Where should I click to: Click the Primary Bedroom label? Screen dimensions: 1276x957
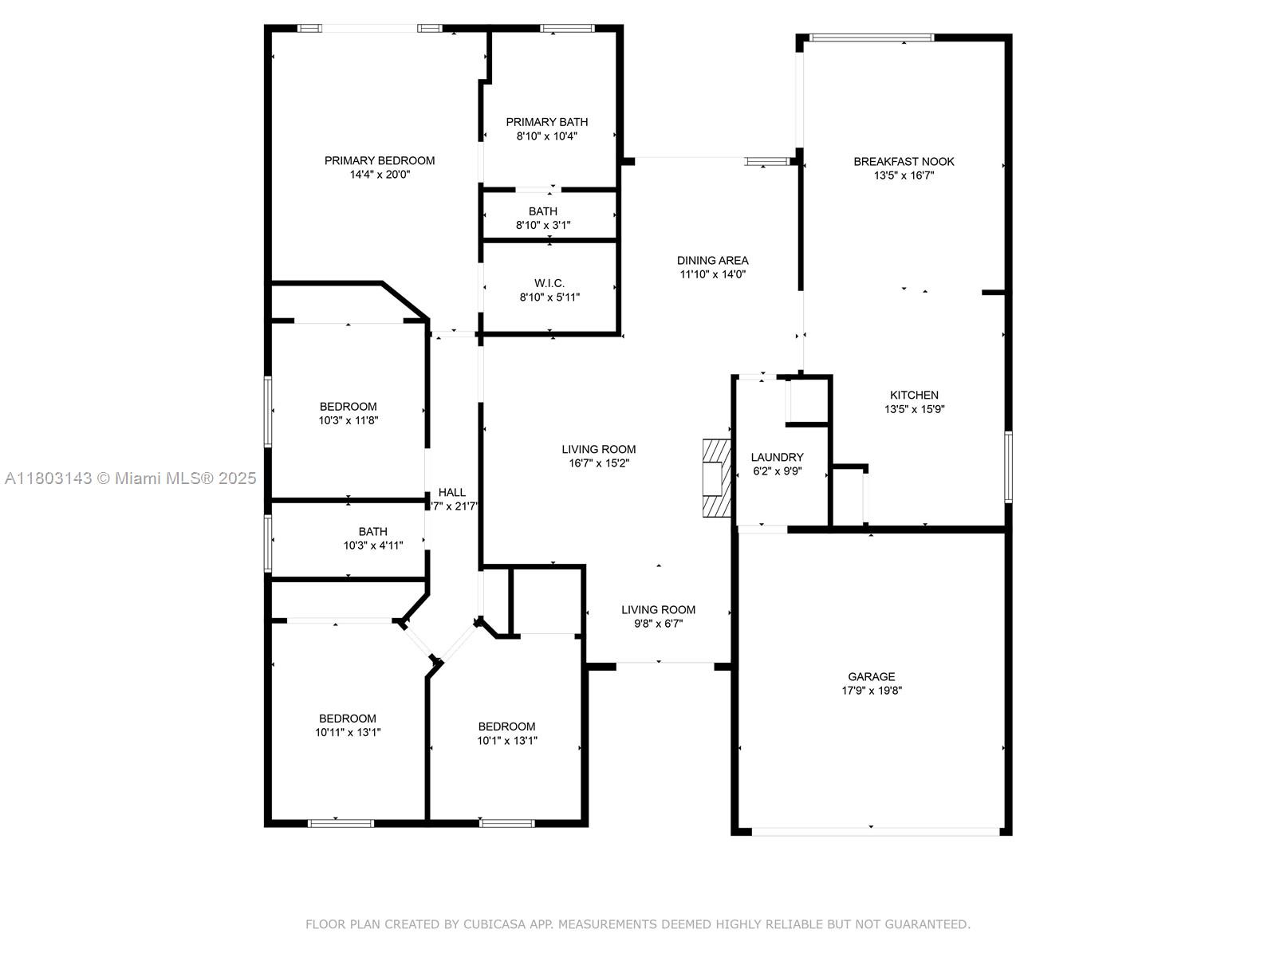coord(379,160)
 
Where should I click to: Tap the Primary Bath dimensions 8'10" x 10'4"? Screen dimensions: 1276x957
coord(546,136)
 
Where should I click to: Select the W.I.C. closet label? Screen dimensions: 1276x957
coord(549,283)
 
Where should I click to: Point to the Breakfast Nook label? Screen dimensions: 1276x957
coord(904,162)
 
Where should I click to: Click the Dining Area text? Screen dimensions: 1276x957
coord(712,260)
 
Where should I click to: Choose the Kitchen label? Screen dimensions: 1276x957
coord(914,395)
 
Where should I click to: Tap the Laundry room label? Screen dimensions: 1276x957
coord(777,457)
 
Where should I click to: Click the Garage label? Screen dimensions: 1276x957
coord(871,676)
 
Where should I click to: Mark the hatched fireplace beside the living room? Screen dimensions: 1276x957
coord(717,478)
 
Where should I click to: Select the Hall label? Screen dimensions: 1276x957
coord(451,492)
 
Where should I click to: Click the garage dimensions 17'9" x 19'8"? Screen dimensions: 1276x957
coord(872,691)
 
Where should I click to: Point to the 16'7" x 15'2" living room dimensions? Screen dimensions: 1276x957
coord(599,463)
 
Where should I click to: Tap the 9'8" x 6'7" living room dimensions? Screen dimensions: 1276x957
coord(658,624)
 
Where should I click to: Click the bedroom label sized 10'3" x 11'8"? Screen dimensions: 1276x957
coord(348,407)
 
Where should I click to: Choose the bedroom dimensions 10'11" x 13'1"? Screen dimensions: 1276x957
coord(348,732)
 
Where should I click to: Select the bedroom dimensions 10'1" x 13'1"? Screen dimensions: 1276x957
coord(507,740)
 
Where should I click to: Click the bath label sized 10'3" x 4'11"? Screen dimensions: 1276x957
coord(372,532)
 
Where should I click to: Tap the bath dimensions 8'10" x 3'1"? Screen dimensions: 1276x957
coord(543,225)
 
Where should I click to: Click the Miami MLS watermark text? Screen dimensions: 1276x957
coord(130,478)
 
